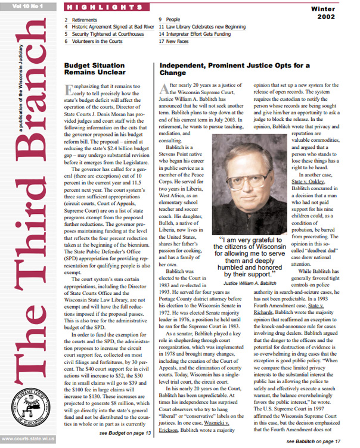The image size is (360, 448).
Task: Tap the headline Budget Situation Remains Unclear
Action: point(98,68)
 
